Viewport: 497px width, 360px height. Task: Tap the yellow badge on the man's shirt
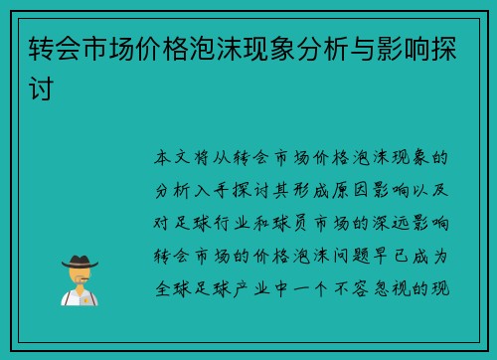point(90,295)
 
